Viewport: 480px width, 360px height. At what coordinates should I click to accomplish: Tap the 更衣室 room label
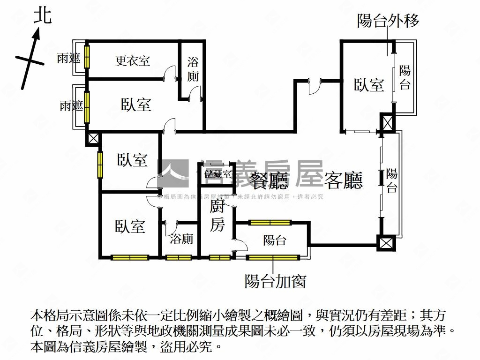pyautogui.click(x=133, y=60)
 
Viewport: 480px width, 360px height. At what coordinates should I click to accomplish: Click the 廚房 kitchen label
pyautogui.click(x=217, y=216)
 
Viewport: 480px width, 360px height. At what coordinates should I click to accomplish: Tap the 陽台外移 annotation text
pyautogui.click(x=388, y=21)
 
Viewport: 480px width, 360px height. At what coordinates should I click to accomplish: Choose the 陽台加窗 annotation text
pyautogui.click(x=275, y=281)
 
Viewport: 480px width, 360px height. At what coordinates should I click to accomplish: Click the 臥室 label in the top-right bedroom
pyautogui.click(x=369, y=85)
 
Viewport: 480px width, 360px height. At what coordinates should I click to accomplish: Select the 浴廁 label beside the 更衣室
pyautogui.click(x=193, y=69)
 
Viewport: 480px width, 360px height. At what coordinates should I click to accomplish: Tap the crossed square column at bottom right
pyautogui.click(x=385, y=243)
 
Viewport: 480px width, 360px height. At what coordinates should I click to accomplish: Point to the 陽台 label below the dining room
pyautogui.click(x=275, y=241)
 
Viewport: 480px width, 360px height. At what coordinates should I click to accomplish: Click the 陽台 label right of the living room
pyautogui.click(x=392, y=181)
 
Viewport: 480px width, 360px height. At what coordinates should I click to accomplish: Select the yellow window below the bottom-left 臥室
pyautogui.click(x=130, y=257)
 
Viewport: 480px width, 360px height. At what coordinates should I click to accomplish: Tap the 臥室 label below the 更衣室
pyautogui.click(x=136, y=104)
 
